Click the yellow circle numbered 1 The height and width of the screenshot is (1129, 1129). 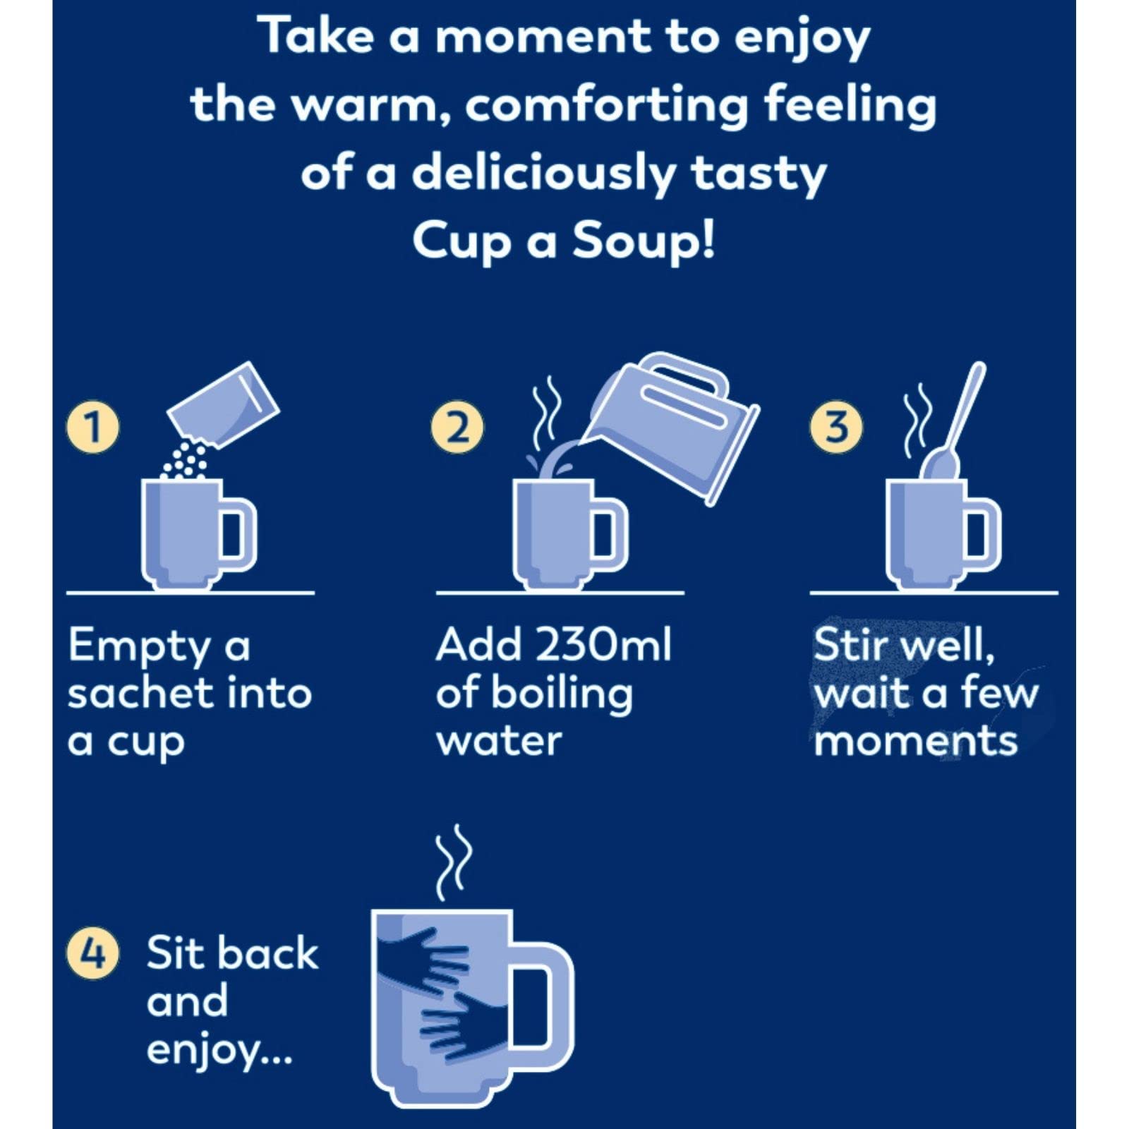[x=92, y=427]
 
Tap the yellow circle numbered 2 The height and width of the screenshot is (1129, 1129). [x=457, y=427]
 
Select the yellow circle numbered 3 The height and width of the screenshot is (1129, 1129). [x=836, y=427]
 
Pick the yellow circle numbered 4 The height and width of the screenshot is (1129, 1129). [x=92, y=953]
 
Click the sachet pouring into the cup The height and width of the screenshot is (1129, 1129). [x=224, y=405]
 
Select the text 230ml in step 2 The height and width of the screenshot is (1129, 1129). [x=603, y=644]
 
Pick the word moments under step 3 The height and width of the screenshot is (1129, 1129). [x=915, y=741]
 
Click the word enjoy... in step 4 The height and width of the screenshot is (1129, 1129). [x=219, y=1050]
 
